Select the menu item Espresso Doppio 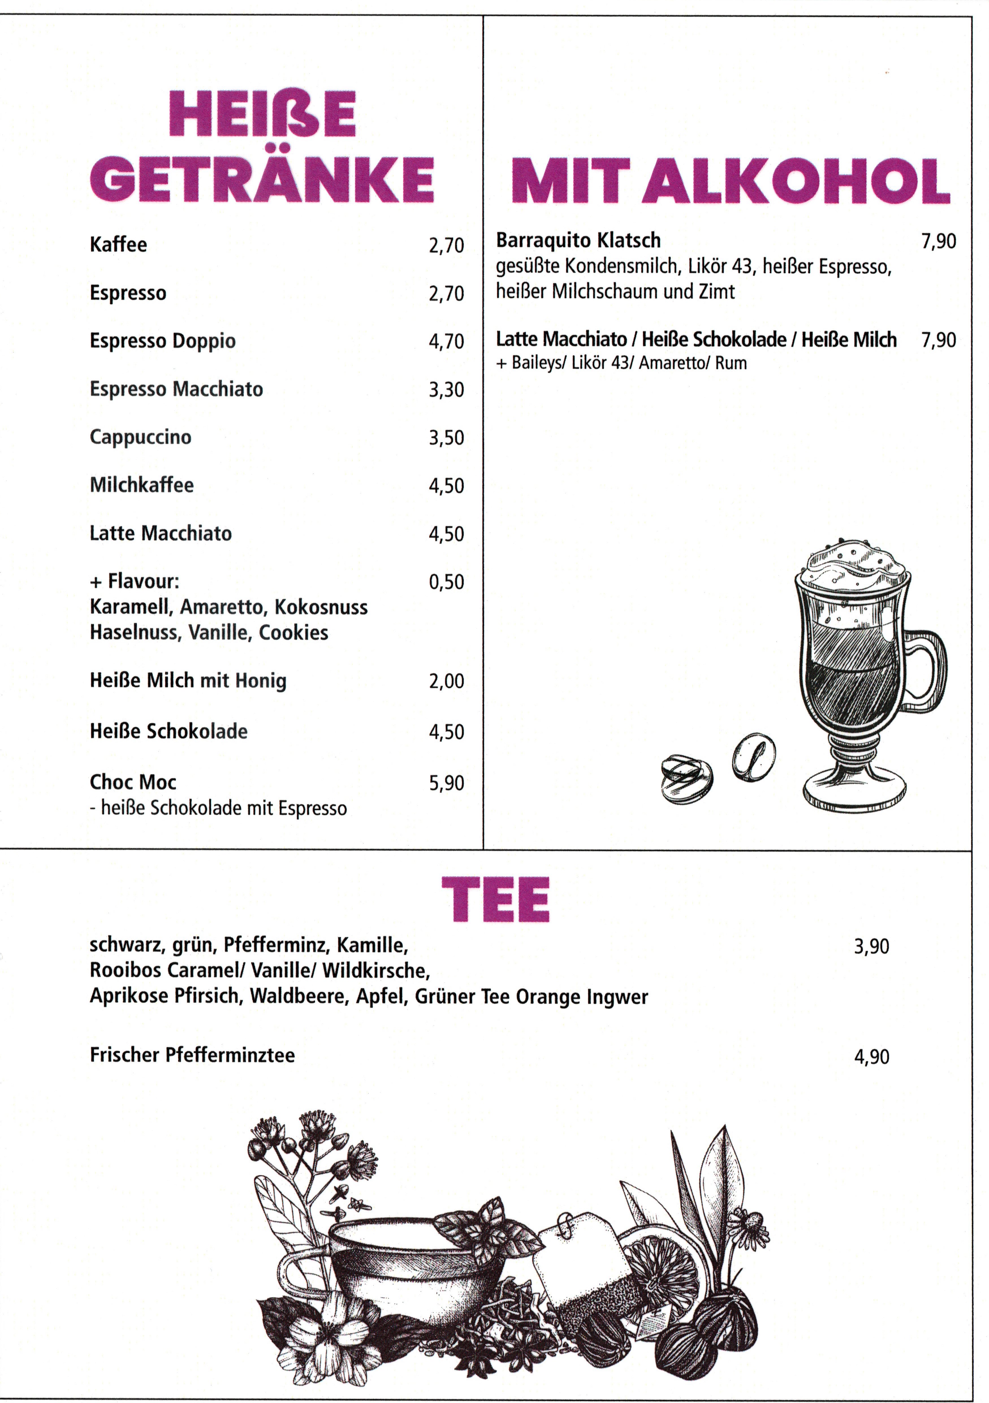pyautogui.click(x=163, y=341)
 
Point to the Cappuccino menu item pyautogui.click(x=141, y=437)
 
